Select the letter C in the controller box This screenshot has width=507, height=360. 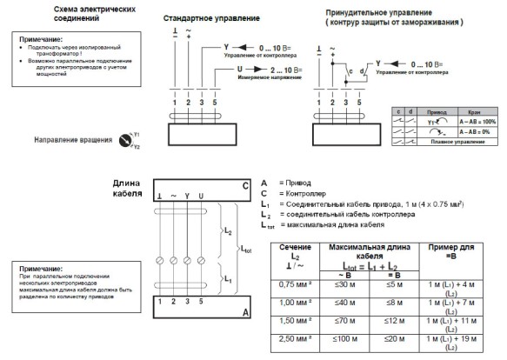(x=244, y=187)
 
